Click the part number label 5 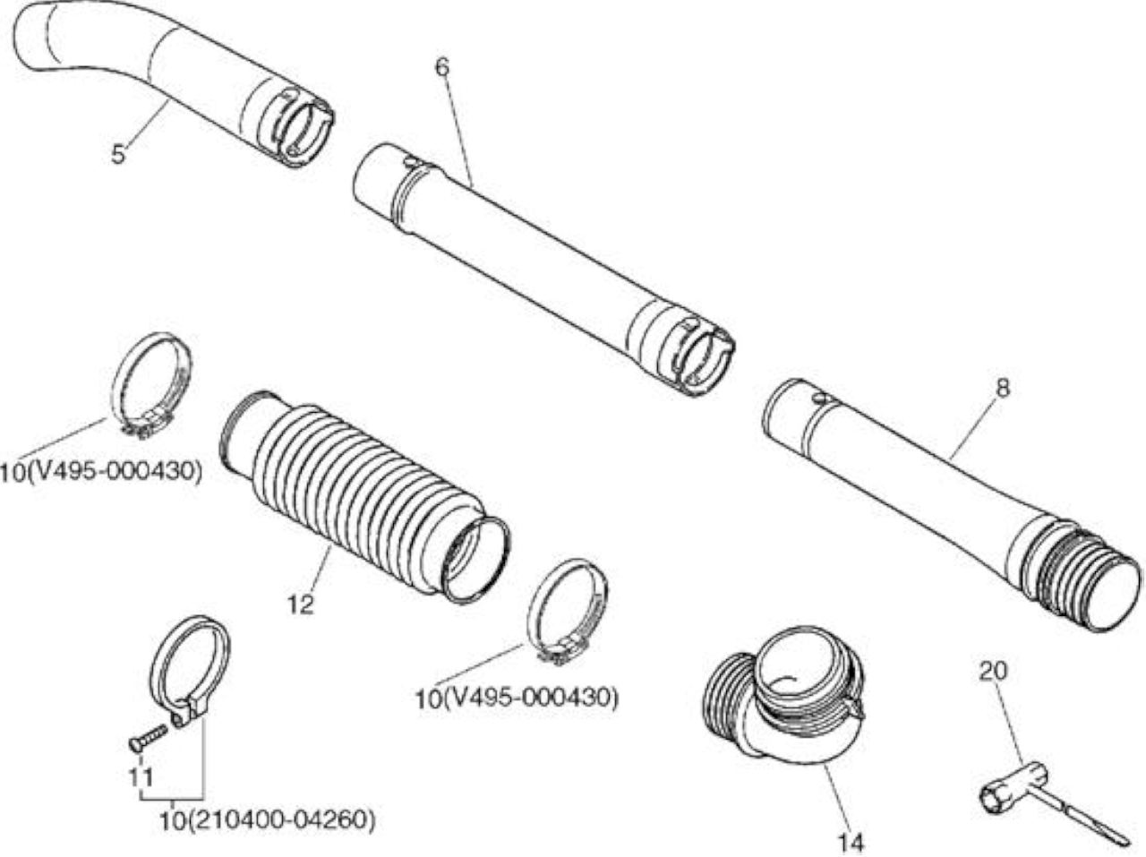click(118, 154)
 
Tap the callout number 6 click(441, 67)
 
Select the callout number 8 click(1003, 388)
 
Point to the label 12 click(301, 604)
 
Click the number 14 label click(851, 843)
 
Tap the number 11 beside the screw click(141, 777)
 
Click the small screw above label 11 click(148, 737)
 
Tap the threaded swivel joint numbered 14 click(783, 699)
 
